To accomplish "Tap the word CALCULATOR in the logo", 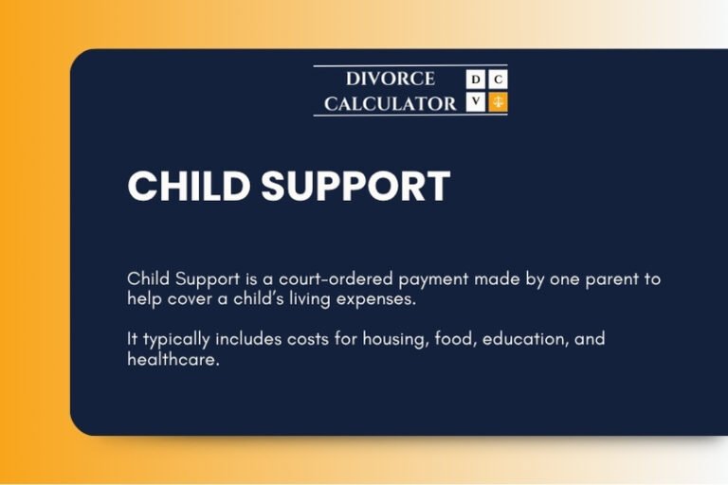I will (391, 103).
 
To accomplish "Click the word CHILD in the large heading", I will (187, 187).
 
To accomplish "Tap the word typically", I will (173, 340).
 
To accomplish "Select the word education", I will (526, 340).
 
